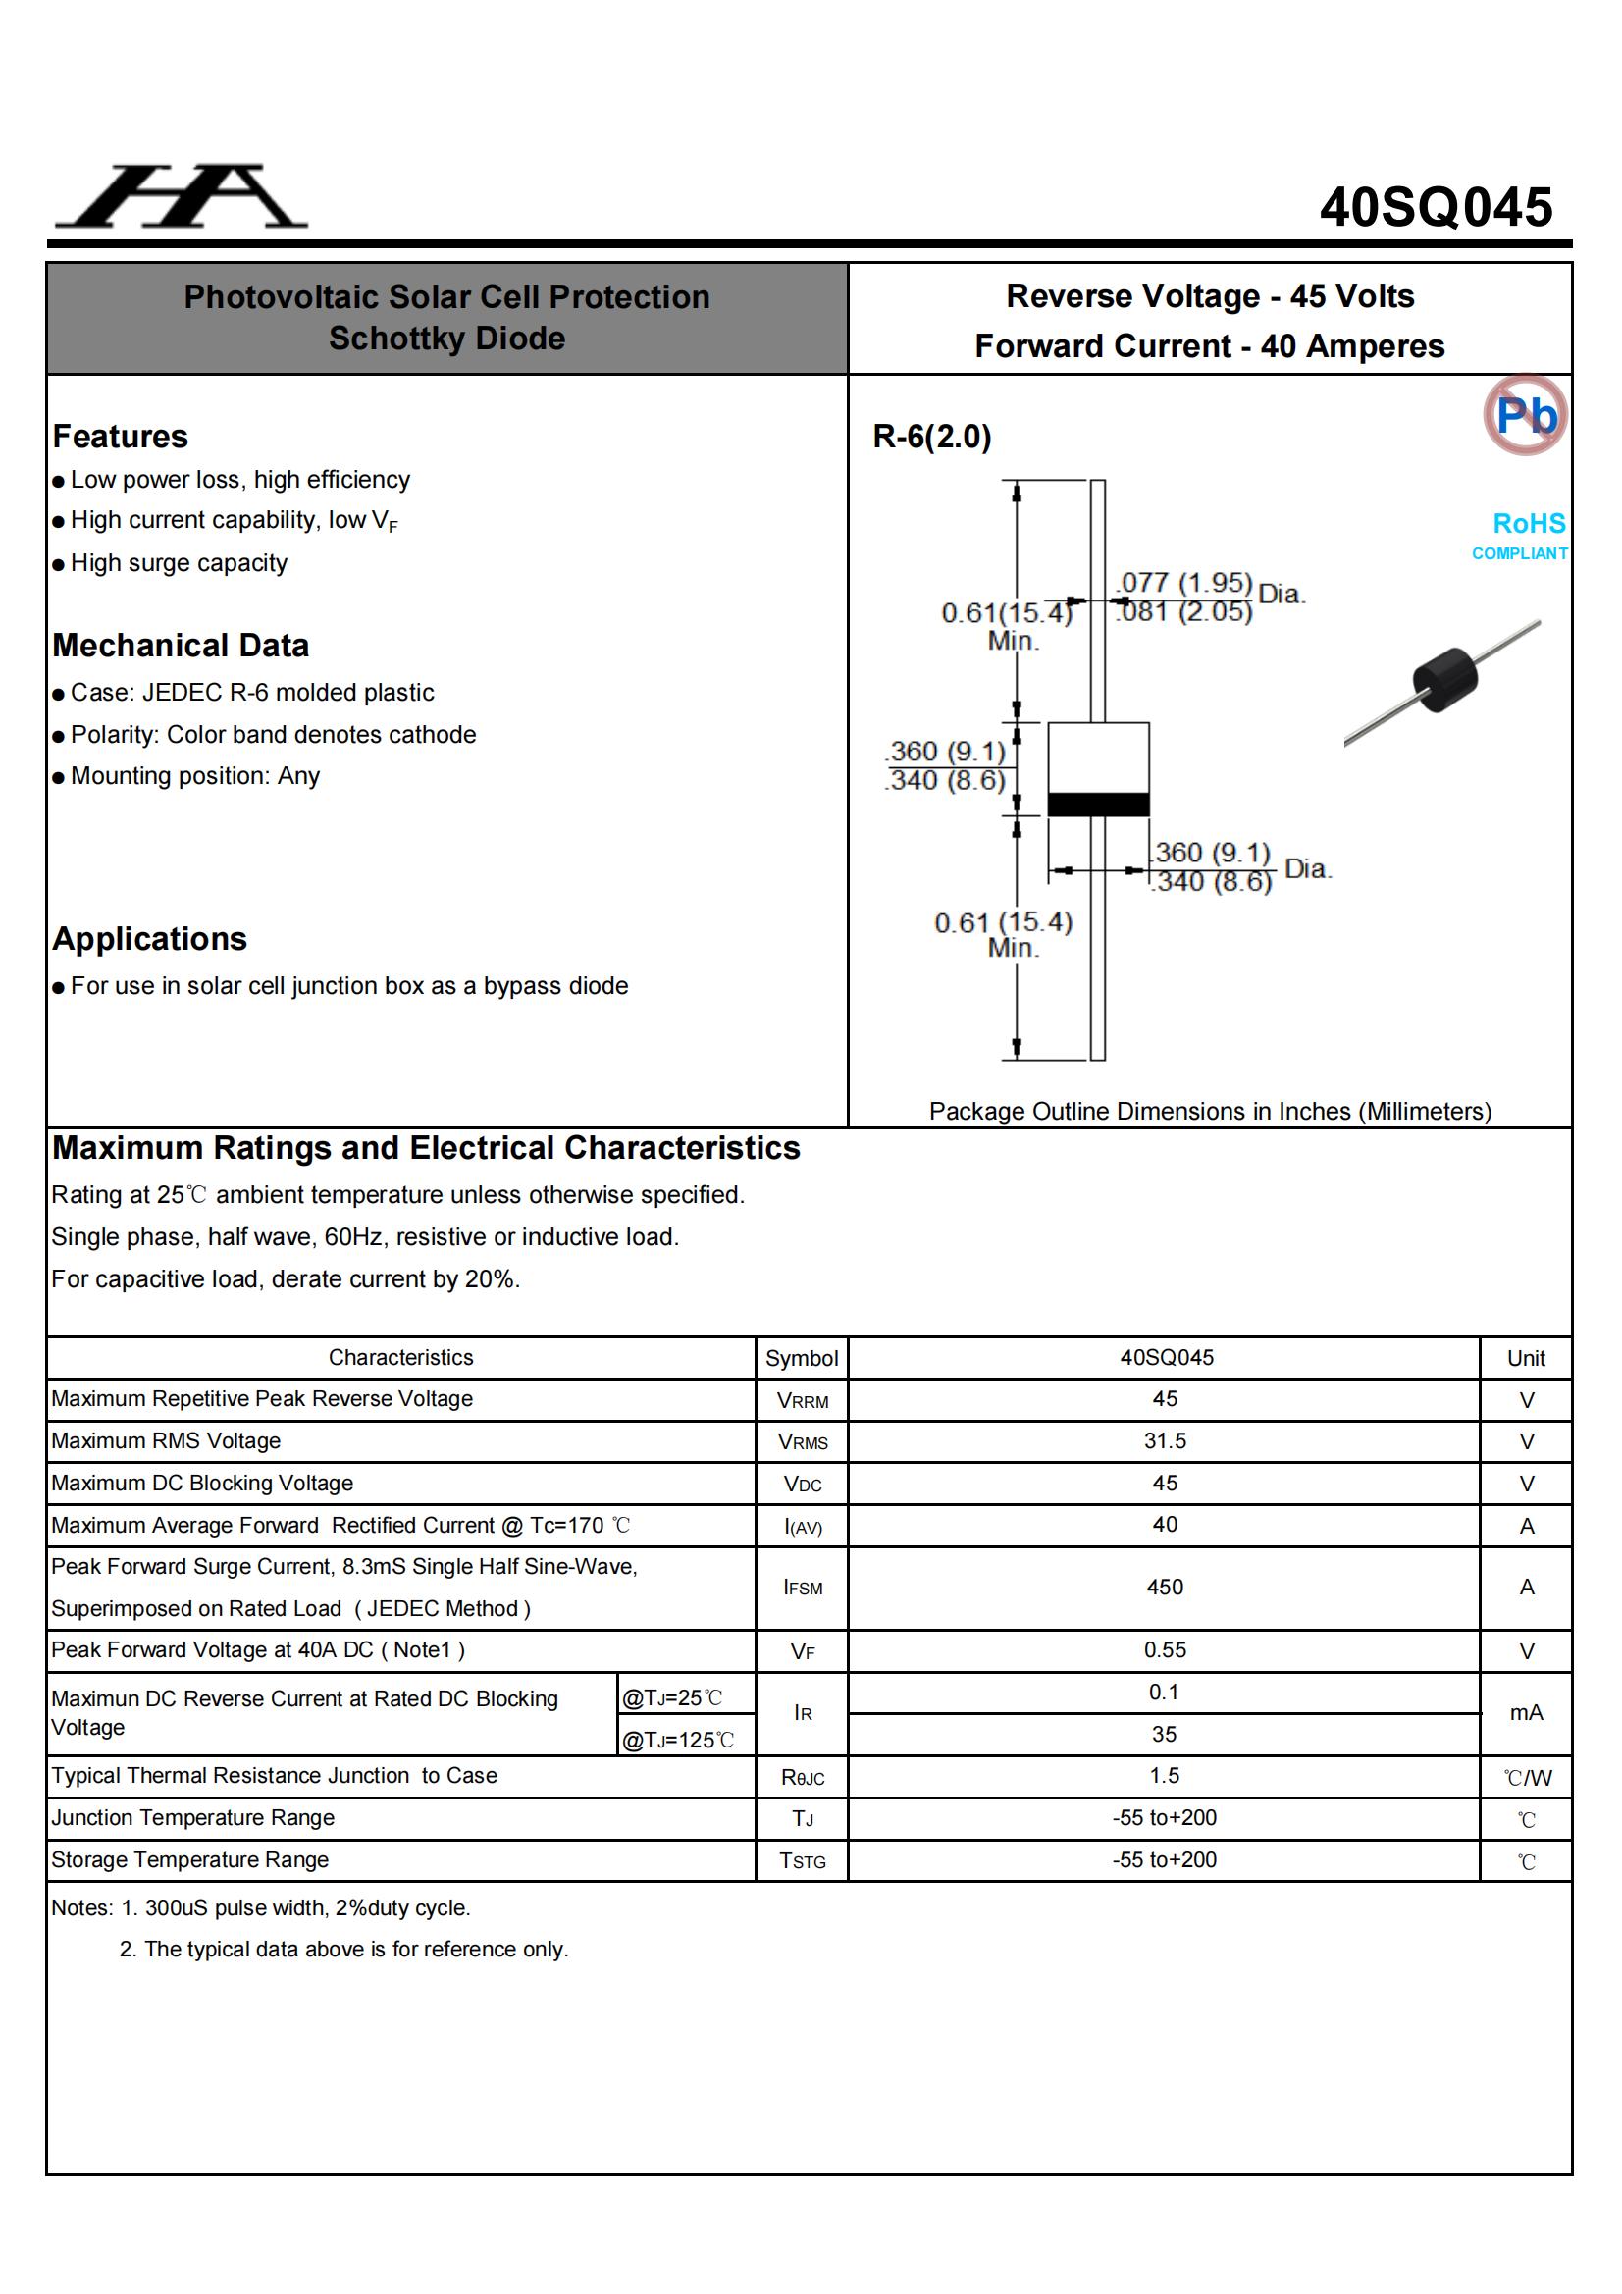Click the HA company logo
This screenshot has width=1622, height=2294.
(x=182, y=197)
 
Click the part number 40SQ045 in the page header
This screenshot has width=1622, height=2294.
(x=1436, y=208)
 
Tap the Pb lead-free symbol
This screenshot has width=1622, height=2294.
(x=1525, y=415)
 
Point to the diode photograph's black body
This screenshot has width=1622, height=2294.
(x=1444, y=679)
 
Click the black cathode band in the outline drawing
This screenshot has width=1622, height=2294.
(x=1097, y=804)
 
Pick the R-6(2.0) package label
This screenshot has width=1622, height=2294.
(x=931, y=437)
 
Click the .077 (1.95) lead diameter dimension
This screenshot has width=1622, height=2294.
(x=1185, y=583)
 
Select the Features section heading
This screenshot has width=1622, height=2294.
(x=120, y=437)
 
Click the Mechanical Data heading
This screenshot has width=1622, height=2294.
(x=181, y=646)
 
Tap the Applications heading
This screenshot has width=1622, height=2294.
(x=150, y=939)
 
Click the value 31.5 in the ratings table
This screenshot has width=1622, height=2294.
(x=1165, y=1440)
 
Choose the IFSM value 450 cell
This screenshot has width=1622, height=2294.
(x=1165, y=1587)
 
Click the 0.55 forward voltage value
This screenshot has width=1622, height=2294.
(x=1165, y=1649)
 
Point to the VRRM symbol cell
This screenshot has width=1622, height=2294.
(x=803, y=1401)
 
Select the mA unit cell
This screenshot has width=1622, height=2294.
(x=1526, y=1712)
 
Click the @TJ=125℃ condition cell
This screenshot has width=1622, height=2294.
(x=679, y=1740)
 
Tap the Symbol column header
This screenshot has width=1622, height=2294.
(x=802, y=1358)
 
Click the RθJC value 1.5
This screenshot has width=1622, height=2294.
(x=1165, y=1776)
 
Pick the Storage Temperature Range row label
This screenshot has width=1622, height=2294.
(x=190, y=1859)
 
